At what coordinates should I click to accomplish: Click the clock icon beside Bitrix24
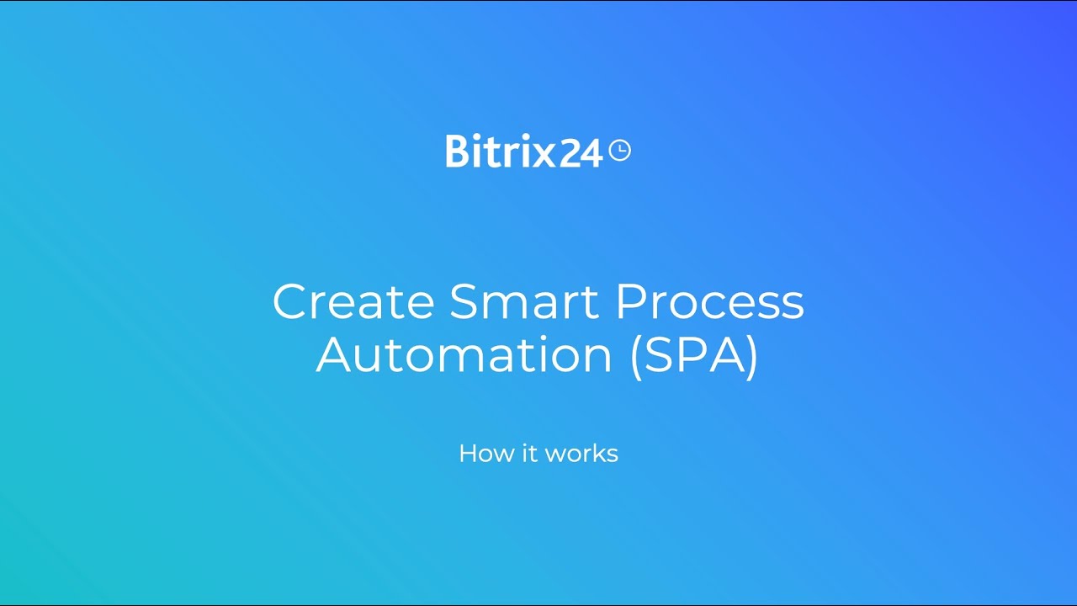[619, 151]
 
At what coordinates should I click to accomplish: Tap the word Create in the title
[353, 301]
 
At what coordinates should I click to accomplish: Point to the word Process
[709, 301]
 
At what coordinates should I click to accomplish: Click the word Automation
[464, 355]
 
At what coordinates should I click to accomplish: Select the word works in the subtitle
[581, 454]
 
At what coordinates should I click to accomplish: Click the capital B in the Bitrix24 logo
[456, 151]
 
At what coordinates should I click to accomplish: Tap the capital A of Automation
[337, 355]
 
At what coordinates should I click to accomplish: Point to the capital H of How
[469, 454]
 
